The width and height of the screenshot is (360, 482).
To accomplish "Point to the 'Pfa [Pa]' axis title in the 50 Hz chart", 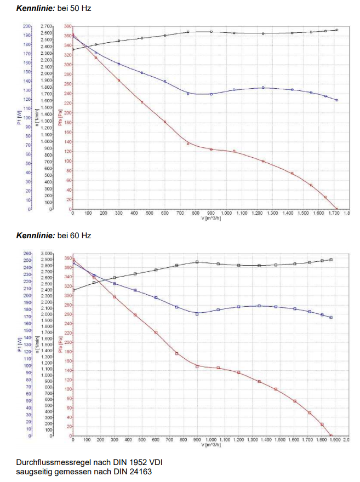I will click(x=60, y=118).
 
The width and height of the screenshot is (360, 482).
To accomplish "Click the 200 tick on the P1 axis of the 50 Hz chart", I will click(x=26, y=26).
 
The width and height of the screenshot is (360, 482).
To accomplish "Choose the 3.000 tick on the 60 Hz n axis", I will click(x=46, y=254).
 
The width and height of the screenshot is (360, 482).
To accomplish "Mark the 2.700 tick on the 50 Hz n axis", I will click(x=47, y=26).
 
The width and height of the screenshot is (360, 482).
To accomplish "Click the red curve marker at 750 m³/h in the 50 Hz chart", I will click(x=188, y=144).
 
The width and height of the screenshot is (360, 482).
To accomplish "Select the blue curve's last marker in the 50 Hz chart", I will click(x=336, y=100).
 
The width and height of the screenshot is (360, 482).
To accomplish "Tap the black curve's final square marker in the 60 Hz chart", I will click(x=331, y=260).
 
